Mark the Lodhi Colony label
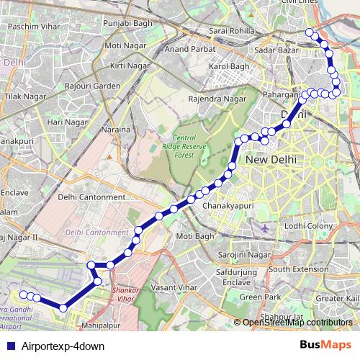point(307,226)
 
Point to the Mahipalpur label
point(99,325)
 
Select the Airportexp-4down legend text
point(63,346)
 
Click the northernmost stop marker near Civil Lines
point(310,32)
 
